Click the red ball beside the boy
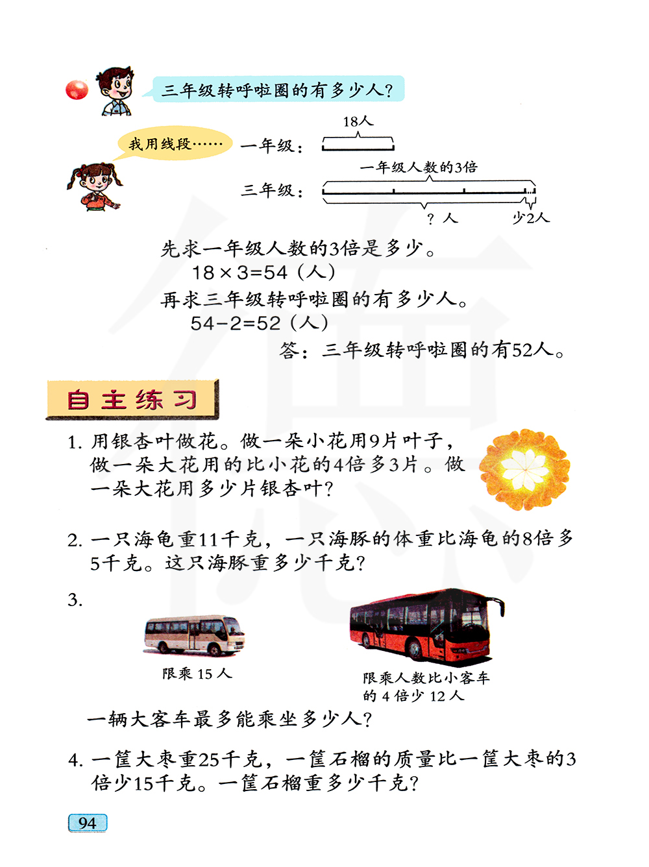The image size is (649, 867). (x=77, y=90)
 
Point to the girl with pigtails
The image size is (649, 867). (x=94, y=186)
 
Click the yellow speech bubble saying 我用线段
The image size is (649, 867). (x=175, y=143)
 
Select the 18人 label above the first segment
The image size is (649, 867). (x=358, y=121)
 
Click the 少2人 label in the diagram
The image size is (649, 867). (x=531, y=217)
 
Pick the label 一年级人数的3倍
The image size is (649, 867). (x=419, y=167)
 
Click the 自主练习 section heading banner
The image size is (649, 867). (x=132, y=399)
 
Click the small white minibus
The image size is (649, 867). (x=194, y=635)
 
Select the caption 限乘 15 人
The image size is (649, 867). (x=197, y=674)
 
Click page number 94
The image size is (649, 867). (x=88, y=823)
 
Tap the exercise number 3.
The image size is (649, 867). (x=75, y=600)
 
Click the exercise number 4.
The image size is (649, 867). (x=75, y=759)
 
